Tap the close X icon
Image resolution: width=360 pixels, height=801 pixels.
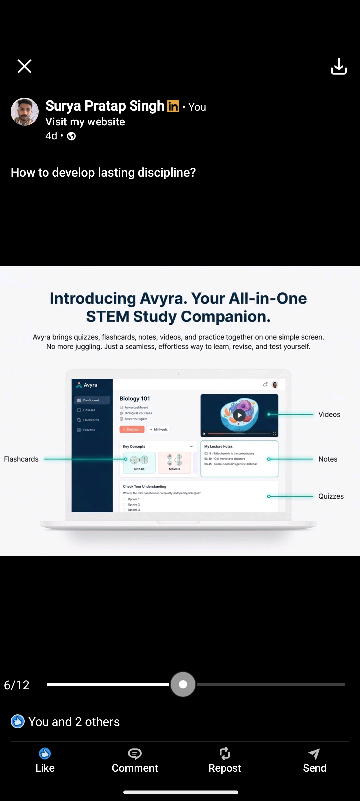click(24, 66)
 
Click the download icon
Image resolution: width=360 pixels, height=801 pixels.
click(339, 66)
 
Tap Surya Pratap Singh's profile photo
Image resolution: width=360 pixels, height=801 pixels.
click(25, 112)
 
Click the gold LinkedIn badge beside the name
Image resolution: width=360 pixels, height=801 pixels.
click(173, 106)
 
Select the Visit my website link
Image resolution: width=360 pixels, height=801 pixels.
click(85, 122)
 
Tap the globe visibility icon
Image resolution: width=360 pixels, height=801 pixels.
click(71, 136)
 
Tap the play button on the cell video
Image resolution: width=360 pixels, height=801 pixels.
click(239, 415)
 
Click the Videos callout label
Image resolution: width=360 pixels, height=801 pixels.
click(329, 414)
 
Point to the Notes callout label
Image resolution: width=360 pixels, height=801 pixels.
click(328, 459)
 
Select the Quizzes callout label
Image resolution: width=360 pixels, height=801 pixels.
click(331, 496)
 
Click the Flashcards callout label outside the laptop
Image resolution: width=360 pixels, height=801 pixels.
click(21, 459)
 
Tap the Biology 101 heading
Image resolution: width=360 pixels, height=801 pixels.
click(135, 399)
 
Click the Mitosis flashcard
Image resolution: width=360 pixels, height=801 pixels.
click(139, 462)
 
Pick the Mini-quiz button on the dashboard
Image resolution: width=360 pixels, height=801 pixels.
click(159, 429)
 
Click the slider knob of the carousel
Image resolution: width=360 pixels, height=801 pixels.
click(183, 684)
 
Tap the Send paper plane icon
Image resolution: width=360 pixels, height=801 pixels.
click(314, 754)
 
